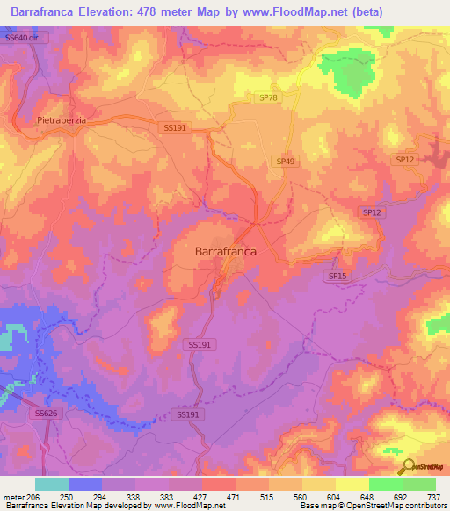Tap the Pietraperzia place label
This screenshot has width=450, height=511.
64,119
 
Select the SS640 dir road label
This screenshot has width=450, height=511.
22,39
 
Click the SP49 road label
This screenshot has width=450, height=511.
285,161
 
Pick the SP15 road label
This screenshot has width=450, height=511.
337,276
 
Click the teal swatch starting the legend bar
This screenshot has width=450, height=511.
52,484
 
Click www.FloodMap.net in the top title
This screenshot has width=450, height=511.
302,10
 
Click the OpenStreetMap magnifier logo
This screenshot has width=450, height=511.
409,467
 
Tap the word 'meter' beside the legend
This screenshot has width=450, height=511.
12,497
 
